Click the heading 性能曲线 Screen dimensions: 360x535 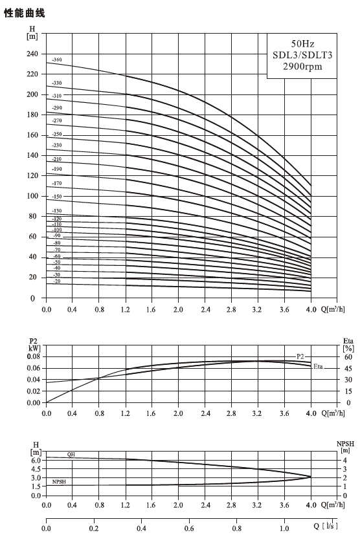[x=24, y=13]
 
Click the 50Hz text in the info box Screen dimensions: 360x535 [x=302, y=44]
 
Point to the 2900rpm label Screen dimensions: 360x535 [x=302, y=66]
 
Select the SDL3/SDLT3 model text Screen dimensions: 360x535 [x=302, y=55]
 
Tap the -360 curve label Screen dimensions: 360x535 [x=57, y=60]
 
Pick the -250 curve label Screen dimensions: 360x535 [x=57, y=134]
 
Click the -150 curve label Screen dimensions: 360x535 [x=57, y=197]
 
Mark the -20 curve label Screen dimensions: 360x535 [x=57, y=281]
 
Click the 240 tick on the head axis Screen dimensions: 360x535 [x=32, y=54]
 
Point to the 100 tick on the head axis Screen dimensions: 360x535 [x=32, y=196]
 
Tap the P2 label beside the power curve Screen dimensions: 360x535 [x=300, y=356]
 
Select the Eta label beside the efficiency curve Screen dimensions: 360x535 [x=318, y=366]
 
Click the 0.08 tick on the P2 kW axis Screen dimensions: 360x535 [x=34, y=356]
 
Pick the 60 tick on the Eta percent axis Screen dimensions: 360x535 [x=348, y=357]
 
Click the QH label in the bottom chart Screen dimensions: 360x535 [x=71, y=455]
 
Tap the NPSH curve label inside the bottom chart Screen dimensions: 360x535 [x=59, y=482]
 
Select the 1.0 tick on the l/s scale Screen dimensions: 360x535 [x=284, y=528]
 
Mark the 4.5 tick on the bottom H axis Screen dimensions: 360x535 [x=36, y=469]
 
